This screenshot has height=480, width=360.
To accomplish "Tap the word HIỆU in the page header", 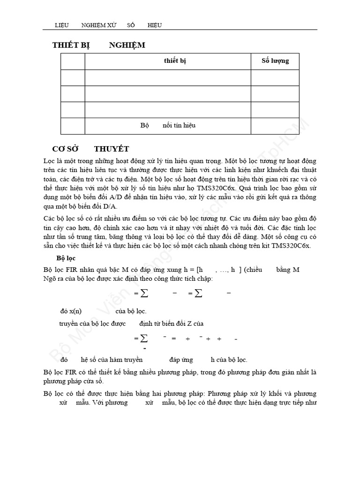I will pyautogui.click(x=155, y=25).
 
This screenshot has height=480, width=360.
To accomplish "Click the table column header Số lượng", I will pyautogui.click(x=275, y=61).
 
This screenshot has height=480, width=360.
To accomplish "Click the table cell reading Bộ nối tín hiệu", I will pyautogui.click(x=168, y=126).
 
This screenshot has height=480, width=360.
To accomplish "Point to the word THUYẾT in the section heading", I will pyautogui.click(x=112, y=149).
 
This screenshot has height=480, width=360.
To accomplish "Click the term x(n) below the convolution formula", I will pyautogui.click(x=71, y=311).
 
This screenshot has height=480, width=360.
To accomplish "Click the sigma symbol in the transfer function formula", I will pyautogui.click(x=144, y=338).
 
